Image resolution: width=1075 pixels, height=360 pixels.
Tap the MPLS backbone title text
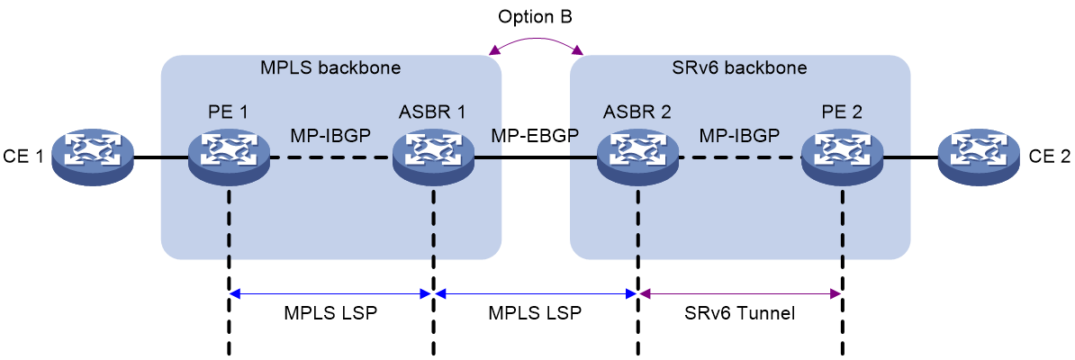click(x=330, y=68)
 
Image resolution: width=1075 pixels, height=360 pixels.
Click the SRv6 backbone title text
click(x=740, y=68)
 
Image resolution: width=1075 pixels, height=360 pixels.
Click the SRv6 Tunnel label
click(x=740, y=314)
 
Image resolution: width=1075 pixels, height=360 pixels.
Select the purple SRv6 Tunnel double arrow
click(x=740, y=293)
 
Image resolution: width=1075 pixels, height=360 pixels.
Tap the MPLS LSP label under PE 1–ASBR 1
click(x=330, y=314)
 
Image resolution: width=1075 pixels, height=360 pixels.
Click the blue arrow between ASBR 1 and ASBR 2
click(x=536, y=293)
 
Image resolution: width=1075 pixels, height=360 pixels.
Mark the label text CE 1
click(x=24, y=157)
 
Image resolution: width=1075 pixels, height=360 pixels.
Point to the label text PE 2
click(x=841, y=111)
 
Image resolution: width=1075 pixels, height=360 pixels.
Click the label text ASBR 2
click(x=637, y=111)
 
